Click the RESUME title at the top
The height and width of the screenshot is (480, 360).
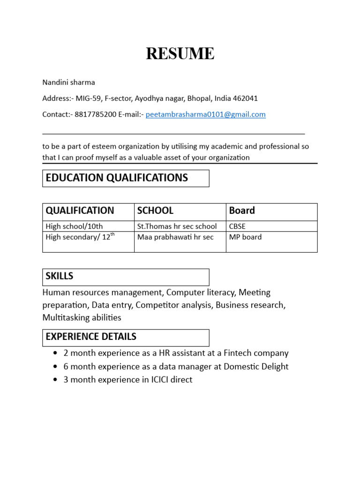180,54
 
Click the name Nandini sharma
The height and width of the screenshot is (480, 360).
68,82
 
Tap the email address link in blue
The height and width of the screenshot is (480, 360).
205,114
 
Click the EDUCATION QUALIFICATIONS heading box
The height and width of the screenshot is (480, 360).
126,178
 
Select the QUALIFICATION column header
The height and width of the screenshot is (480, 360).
80,211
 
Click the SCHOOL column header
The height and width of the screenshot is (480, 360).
155,211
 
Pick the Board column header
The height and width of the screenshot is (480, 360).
242,211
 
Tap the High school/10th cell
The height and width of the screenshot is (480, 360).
74,226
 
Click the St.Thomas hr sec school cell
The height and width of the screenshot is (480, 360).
177,226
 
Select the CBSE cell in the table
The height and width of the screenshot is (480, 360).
237,226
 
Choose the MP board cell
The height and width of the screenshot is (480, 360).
245,237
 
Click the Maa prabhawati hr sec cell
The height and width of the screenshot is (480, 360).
175,237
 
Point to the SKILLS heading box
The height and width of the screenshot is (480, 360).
126,277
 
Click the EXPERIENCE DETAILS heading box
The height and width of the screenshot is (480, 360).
126,337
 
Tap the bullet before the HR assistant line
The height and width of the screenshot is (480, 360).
56,353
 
